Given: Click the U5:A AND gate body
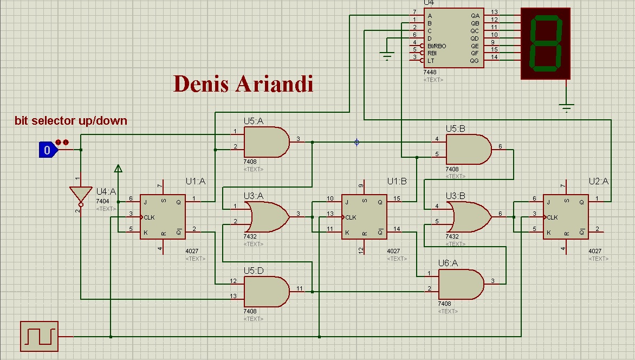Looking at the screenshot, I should coord(266,142).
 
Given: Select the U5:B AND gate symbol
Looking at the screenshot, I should coord(468,149).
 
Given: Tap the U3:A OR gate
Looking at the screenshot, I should coord(266,217).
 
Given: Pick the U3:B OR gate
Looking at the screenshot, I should coord(468,217).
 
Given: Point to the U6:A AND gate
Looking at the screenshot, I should coord(460,285).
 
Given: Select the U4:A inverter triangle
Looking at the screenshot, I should coord(80,195).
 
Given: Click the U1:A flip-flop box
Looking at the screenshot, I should coord(163,217).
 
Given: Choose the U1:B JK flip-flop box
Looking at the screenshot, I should coord(364,217).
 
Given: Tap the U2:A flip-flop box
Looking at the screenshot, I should coord(566,217).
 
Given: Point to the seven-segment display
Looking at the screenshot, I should coord(546,43).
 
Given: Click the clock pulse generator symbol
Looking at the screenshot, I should coord(38,336).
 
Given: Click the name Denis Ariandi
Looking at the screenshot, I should coord(243,84).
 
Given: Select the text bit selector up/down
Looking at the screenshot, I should coord(71,120).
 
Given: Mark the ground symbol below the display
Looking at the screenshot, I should coord(566,108).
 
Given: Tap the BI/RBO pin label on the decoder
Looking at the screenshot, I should coord(437,46).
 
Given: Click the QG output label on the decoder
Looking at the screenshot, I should coord(475,61).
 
